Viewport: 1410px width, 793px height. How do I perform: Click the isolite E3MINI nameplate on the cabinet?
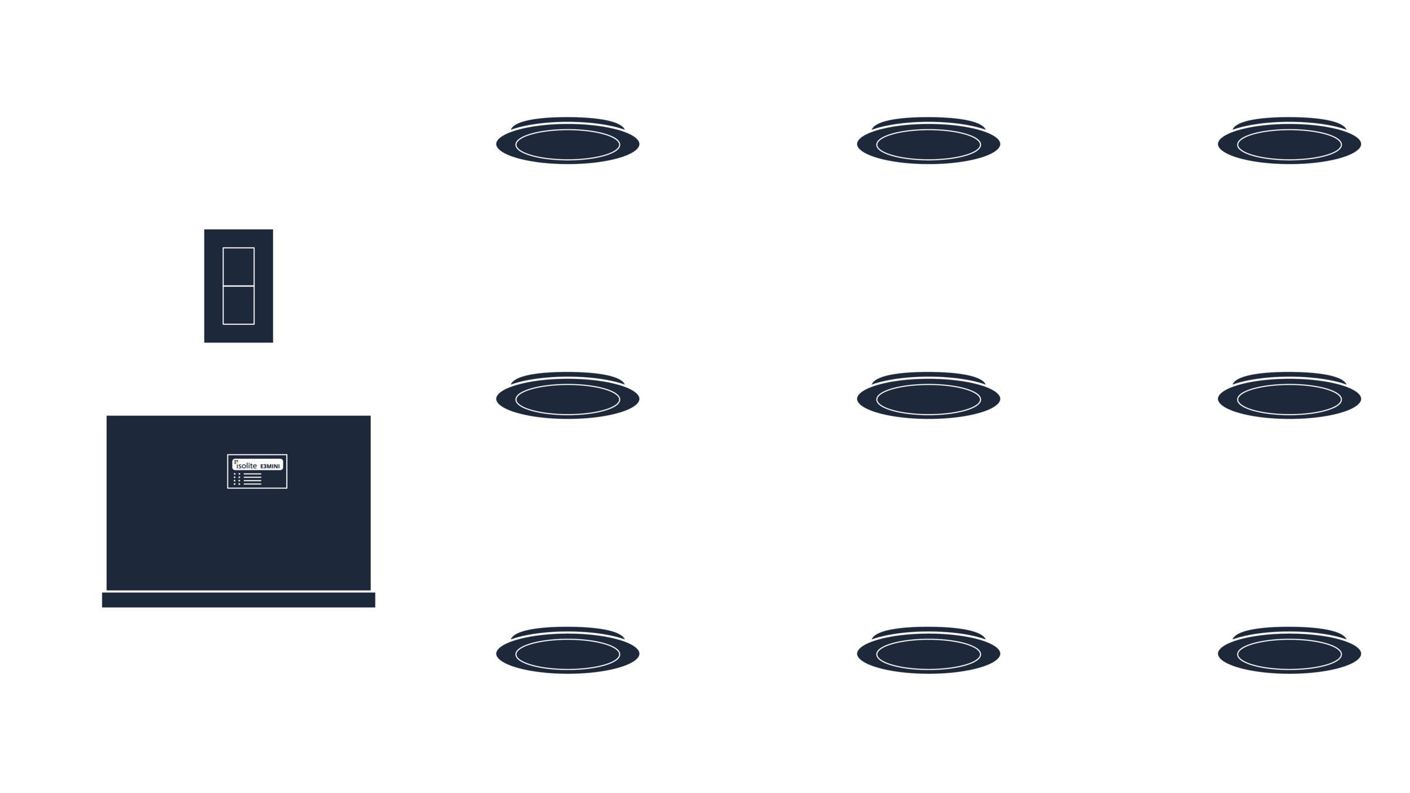[x=257, y=471]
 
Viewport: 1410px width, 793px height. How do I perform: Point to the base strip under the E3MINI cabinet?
[x=239, y=600]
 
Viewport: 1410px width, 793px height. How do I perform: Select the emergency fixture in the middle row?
[x=1290, y=397]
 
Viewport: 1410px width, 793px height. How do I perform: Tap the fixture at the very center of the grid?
[x=928, y=397]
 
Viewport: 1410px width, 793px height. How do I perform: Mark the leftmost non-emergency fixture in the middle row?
[x=568, y=397]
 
